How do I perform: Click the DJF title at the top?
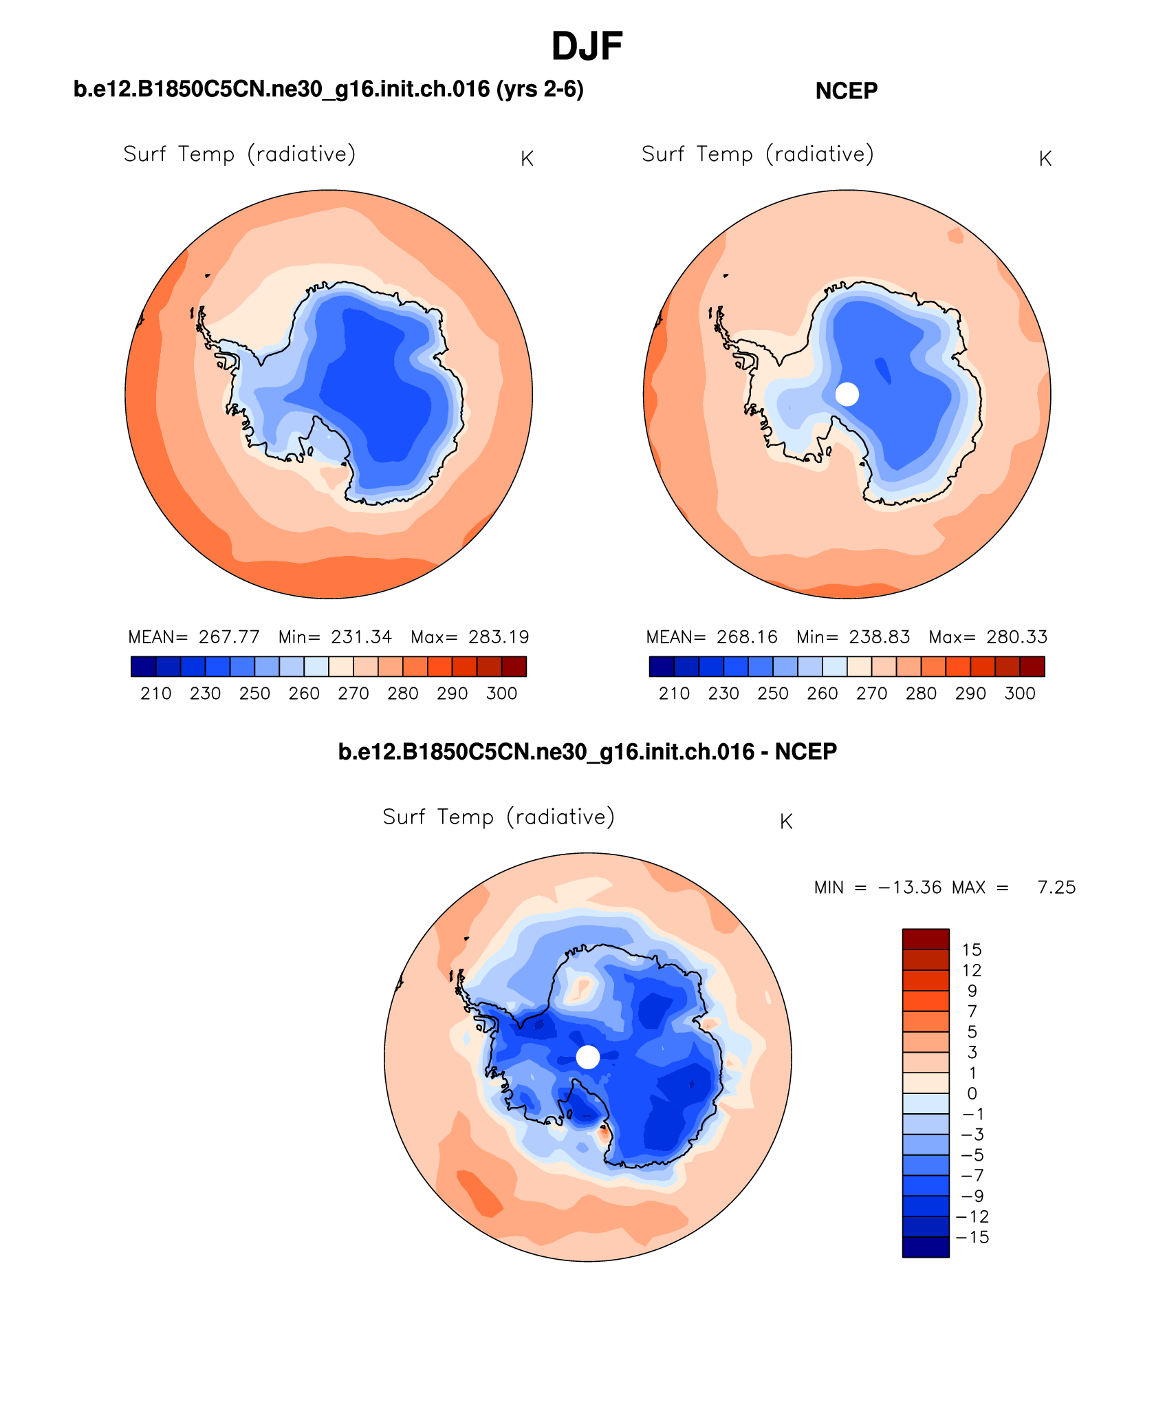pos(587,47)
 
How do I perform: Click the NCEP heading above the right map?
pos(846,91)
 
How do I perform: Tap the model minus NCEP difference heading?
pos(587,751)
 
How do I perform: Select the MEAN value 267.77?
pos(229,637)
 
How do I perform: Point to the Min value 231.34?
pos(361,637)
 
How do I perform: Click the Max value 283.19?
pos(499,637)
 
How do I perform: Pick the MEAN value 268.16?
pos(747,637)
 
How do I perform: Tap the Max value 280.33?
pos(1016,637)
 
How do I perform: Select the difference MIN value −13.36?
pos(909,888)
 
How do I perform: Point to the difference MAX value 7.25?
pos(1056,888)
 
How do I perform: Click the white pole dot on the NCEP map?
pos(847,394)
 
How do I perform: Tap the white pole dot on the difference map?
pos(587,1057)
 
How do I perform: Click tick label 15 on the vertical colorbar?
pos(971,950)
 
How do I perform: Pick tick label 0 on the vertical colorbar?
pos(971,1094)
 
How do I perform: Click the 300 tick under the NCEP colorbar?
pos(1019,694)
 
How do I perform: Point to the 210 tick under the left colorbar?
pos(156,694)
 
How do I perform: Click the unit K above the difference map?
pos(786,821)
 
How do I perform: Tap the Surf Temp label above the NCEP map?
pos(757,154)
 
